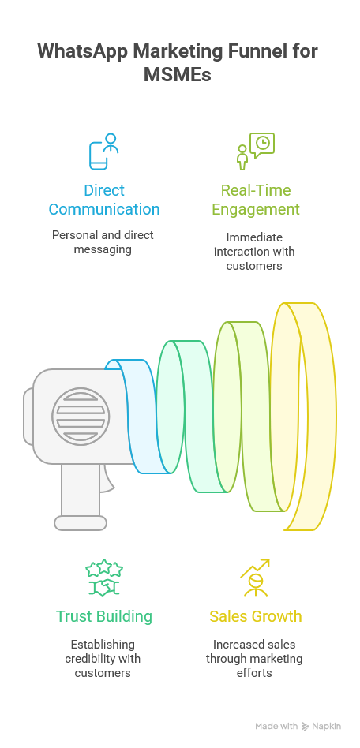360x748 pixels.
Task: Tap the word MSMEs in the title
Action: [178, 75]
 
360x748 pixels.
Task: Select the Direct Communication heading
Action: [104, 200]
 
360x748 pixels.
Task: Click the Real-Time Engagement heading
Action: [256, 200]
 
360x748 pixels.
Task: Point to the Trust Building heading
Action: [104, 616]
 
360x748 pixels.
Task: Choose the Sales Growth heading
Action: [256, 616]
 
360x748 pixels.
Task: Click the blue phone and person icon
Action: [103, 151]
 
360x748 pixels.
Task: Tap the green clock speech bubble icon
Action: [256, 151]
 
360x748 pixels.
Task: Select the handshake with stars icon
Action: [104, 578]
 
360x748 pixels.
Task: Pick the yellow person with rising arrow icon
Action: [255, 578]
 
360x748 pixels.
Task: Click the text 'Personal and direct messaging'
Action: [103, 242]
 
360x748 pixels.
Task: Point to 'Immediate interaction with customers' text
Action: [254, 252]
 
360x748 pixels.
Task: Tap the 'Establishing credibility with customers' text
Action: [103, 659]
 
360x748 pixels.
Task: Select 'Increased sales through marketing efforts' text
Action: [254, 659]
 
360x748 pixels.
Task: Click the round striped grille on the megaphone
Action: [81, 417]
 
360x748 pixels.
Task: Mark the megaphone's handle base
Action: [81, 523]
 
